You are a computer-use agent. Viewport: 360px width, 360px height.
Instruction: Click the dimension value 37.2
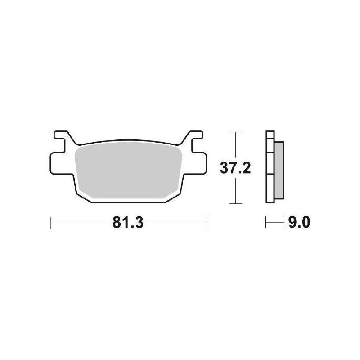pyautogui.click(x=232, y=168)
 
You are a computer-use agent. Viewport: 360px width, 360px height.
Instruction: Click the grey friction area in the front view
pyautogui.click(x=128, y=171)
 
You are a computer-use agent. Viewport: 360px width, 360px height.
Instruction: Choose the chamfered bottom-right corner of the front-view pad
pyautogui.click(x=173, y=193)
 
